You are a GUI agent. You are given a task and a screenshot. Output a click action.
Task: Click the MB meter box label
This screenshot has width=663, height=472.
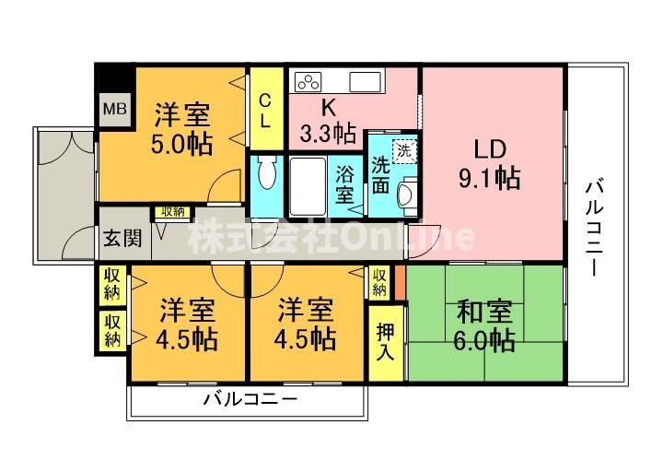tap(115, 109)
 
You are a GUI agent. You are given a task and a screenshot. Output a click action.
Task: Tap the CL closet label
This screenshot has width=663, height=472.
tap(265, 111)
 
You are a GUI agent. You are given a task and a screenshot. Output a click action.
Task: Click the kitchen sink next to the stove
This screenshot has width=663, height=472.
tap(365, 81)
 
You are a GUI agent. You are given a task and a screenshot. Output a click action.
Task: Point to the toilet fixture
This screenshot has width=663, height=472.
tap(266, 172)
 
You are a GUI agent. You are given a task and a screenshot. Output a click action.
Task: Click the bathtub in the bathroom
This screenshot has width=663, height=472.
tap(308, 185)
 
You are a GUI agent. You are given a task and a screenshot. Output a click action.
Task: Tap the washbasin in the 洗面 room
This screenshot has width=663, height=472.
tap(408, 192)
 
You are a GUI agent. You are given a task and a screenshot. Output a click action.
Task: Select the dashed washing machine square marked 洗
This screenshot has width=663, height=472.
tap(404, 151)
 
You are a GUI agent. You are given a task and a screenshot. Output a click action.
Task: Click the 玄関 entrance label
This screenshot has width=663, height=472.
tap(122, 239)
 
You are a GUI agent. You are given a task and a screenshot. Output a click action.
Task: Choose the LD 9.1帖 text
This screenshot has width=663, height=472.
tap(490, 164)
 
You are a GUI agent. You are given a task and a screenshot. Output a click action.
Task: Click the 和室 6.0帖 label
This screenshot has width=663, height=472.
tap(484, 325)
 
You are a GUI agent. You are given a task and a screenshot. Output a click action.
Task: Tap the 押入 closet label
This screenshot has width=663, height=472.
tap(385, 342)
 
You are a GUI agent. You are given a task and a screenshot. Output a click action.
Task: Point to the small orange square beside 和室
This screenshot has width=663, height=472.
tap(400, 282)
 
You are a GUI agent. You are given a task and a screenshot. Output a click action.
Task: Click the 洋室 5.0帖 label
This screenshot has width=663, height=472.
tap(181, 129)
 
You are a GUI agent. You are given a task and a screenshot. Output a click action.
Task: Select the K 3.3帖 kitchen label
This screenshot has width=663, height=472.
tap(328, 122)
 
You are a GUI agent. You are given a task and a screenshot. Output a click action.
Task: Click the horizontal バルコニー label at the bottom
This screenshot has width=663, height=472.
tap(250, 399)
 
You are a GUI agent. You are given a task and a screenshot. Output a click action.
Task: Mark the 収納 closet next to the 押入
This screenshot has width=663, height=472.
tap(379, 283)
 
